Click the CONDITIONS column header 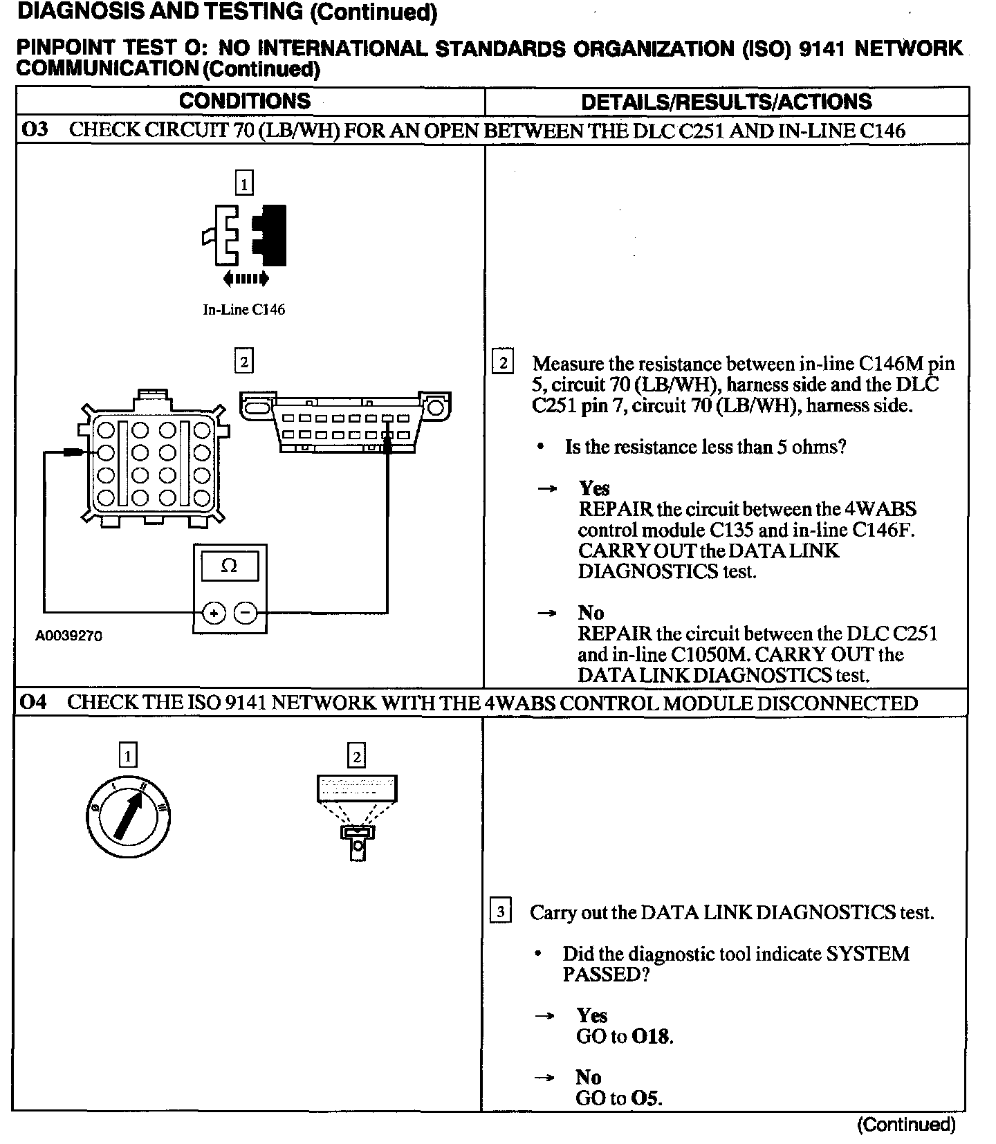(x=245, y=101)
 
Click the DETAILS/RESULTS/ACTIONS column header (x=726, y=102)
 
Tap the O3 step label (x=36, y=130)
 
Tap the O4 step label (x=33, y=702)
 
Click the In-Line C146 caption (x=243, y=310)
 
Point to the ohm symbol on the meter (x=229, y=566)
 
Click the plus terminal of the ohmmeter (x=214, y=613)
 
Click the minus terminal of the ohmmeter (x=246, y=613)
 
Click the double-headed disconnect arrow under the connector (x=246, y=279)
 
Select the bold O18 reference (x=652, y=1036)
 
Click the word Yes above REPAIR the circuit (x=594, y=488)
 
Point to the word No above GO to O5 (x=588, y=1077)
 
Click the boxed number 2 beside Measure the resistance (x=503, y=363)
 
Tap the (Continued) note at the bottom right (x=906, y=1125)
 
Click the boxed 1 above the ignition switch (x=128, y=755)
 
